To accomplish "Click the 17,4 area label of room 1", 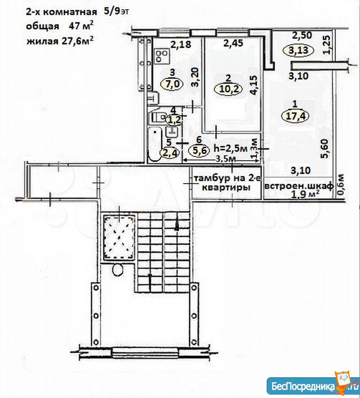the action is tap(295, 116).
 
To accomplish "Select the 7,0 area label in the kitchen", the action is tap(173, 84).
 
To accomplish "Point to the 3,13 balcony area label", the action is tap(298, 50).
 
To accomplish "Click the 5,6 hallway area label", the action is tap(199, 150).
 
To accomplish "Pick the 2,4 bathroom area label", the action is tap(169, 153).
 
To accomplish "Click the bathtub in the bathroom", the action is tap(155, 145).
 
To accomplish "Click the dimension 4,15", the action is tap(254, 85).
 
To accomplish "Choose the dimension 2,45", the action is tap(233, 43).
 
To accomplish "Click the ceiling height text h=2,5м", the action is tap(230, 148).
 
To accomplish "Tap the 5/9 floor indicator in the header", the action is tap(112, 12).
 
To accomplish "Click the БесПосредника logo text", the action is tap(303, 386).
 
